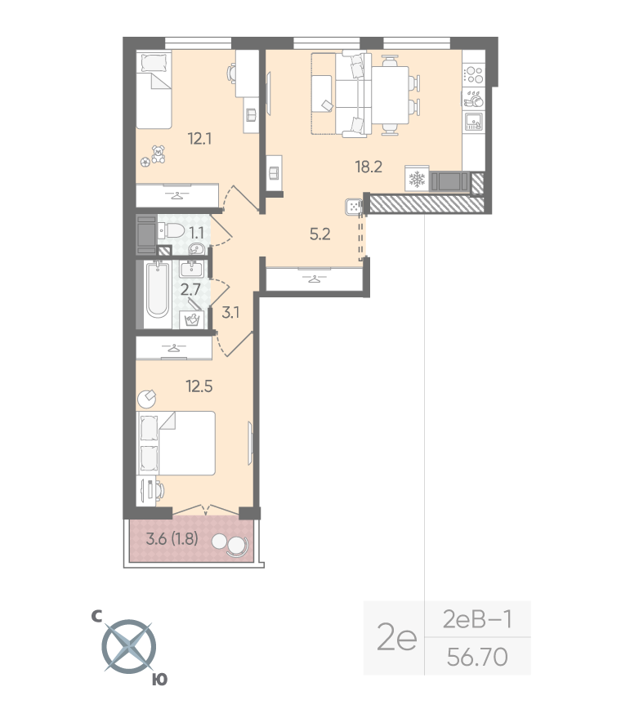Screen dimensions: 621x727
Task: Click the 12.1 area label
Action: pyautogui.click(x=199, y=138)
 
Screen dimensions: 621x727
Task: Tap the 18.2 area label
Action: pyautogui.click(x=369, y=167)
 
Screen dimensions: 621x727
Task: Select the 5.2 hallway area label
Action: pyautogui.click(x=320, y=234)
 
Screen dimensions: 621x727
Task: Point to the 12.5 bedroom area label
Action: pyautogui.click(x=199, y=386)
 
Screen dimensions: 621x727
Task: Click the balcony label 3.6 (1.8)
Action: pyautogui.click(x=172, y=539)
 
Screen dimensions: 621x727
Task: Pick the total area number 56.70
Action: pyautogui.click(x=477, y=657)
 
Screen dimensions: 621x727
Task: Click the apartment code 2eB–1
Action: pyautogui.click(x=477, y=619)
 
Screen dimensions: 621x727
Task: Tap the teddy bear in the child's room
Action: pyautogui.click(x=159, y=154)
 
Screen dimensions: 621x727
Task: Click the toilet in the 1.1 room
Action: pyautogui.click(x=171, y=230)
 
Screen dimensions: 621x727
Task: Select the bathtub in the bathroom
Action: pyautogui.click(x=158, y=290)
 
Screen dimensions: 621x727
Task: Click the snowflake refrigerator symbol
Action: pyautogui.click(x=417, y=179)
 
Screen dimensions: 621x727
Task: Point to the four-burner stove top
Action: pyautogui.click(x=474, y=75)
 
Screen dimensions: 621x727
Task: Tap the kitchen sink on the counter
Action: pyautogui.click(x=474, y=122)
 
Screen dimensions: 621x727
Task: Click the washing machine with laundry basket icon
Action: pyautogui.click(x=192, y=319)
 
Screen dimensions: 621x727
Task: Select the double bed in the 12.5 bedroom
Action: pyautogui.click(x=176, y=443)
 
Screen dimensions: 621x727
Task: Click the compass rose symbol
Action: pyautogui.click(x=129, y=647)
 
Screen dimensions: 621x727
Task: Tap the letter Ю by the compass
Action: pyautogui.click(x=159, y=680)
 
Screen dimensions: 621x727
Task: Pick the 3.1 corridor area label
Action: pyautogui.click(x=230, y=313)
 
